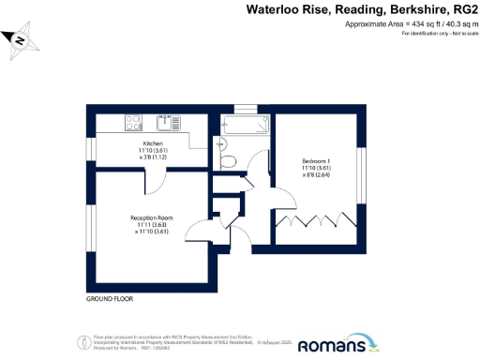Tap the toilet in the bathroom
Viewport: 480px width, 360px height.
pyautogui.click(x=228, y=161)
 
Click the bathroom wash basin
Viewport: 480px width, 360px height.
pyautogui.click(x=219, y=143)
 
